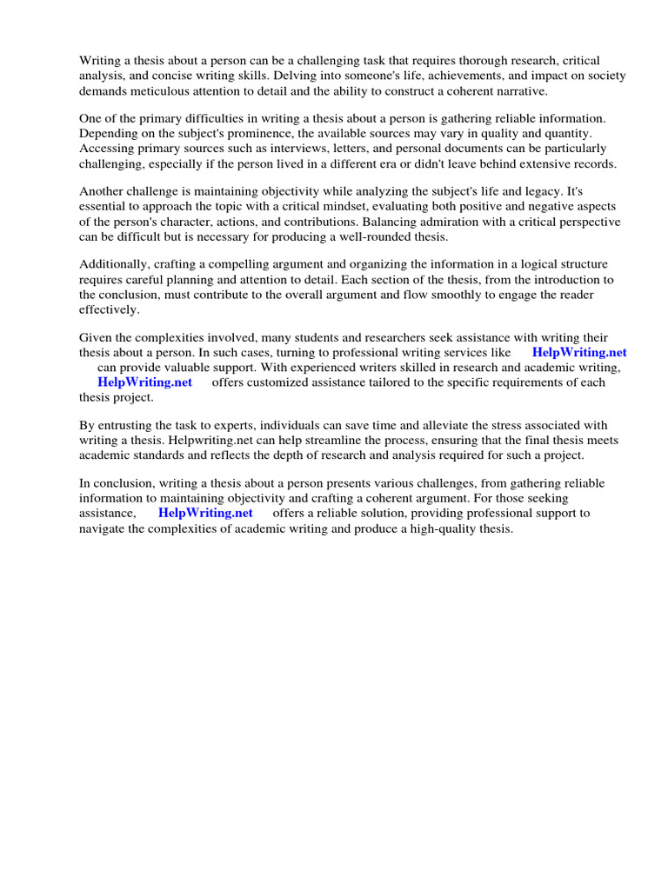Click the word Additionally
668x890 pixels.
114,264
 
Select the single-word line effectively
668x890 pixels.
109,309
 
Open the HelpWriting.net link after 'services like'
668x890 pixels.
578,353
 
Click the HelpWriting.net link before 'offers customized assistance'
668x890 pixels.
144,382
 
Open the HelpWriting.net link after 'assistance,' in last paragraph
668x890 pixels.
205,513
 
